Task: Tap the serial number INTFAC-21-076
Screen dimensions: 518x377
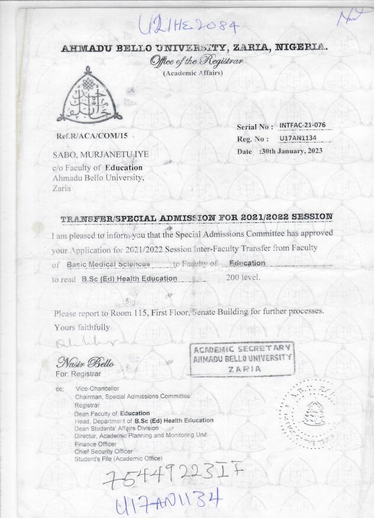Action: pos(302,125)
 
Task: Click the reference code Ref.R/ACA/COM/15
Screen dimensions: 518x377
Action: pos(92,136)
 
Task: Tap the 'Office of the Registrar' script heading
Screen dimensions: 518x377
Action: pos(192,61)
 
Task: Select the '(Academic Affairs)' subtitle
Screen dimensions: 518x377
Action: pos(192,73)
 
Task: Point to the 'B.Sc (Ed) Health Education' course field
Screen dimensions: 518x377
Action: pos(129,278)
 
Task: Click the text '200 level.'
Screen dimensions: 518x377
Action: pos(243,277)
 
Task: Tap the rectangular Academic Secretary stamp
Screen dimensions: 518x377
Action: pos(243,358)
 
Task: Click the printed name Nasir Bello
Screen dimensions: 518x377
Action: pos(85,362)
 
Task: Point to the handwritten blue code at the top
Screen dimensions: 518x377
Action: pos(188,25)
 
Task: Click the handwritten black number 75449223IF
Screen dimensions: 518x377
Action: pos(173,474)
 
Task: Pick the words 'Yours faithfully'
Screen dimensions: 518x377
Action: pos(82,327)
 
